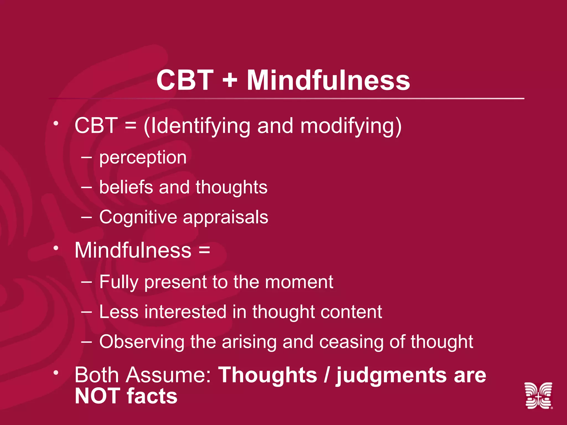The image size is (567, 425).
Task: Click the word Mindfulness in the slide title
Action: (x=328, y=80)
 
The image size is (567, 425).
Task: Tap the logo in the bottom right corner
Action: (x=538, y=395)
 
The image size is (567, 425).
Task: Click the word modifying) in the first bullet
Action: (x=351, y=126)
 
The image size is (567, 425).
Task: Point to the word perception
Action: (x=143, y=158)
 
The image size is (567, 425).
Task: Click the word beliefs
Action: (x=126, y=187)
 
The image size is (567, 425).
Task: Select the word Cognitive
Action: (x=138, y=217)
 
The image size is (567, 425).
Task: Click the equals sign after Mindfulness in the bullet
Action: (x=204, y=250)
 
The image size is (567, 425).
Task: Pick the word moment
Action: (x=299, y=282)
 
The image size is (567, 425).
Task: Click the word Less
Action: (x=119, y=312)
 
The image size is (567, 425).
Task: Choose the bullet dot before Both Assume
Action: (x=56, y=373)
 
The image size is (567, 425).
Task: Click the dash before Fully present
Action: (x=86, y=282)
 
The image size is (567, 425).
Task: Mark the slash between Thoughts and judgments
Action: (x=327, y=375)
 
